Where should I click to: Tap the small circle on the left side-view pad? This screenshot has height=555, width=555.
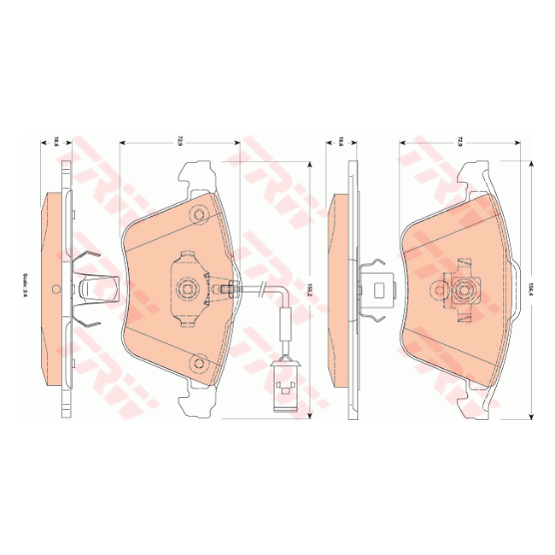[x=55, y=288]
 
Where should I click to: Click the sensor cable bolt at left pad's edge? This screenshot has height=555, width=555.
[x=229, y=289]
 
